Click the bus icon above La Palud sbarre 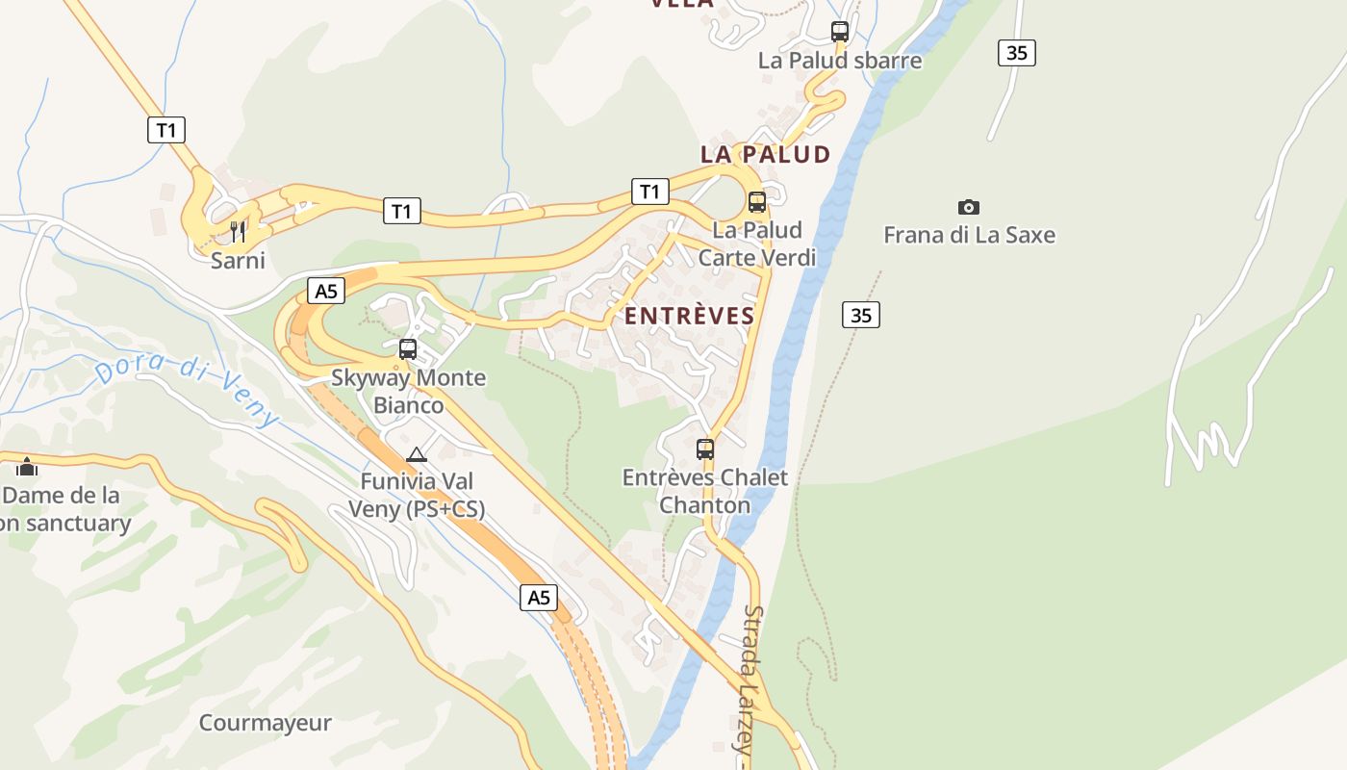tap(840, 32)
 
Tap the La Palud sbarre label tap(840, 61)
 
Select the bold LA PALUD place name tap(765, 154)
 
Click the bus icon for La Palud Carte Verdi tap(757, 202)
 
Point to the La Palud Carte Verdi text tap(757, 244)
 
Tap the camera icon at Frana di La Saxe tap(969, 207)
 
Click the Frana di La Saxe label tap(969, 235)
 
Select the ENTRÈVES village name tap(689, 316)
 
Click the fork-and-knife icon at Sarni tap(238, 231)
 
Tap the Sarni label tap(238, 261)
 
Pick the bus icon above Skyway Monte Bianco tap(408, 348)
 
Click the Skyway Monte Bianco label tap(409, 391)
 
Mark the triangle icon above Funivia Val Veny tap(416, 454)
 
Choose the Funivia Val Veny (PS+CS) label tap(417, 494)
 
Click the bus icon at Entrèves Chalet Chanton tap(705, 449)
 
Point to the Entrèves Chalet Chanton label tap(705, 491)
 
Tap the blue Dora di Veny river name tap(187, 391)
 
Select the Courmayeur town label tap(265, 723)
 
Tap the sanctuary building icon tap(27, 467)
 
